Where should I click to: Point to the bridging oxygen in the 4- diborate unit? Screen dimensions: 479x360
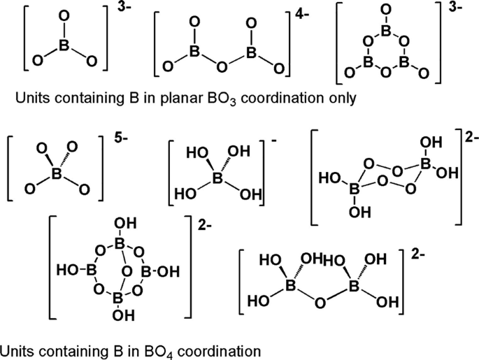click(x=222, y=66)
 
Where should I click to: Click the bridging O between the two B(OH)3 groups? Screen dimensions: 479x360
click(x=319, y=304)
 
